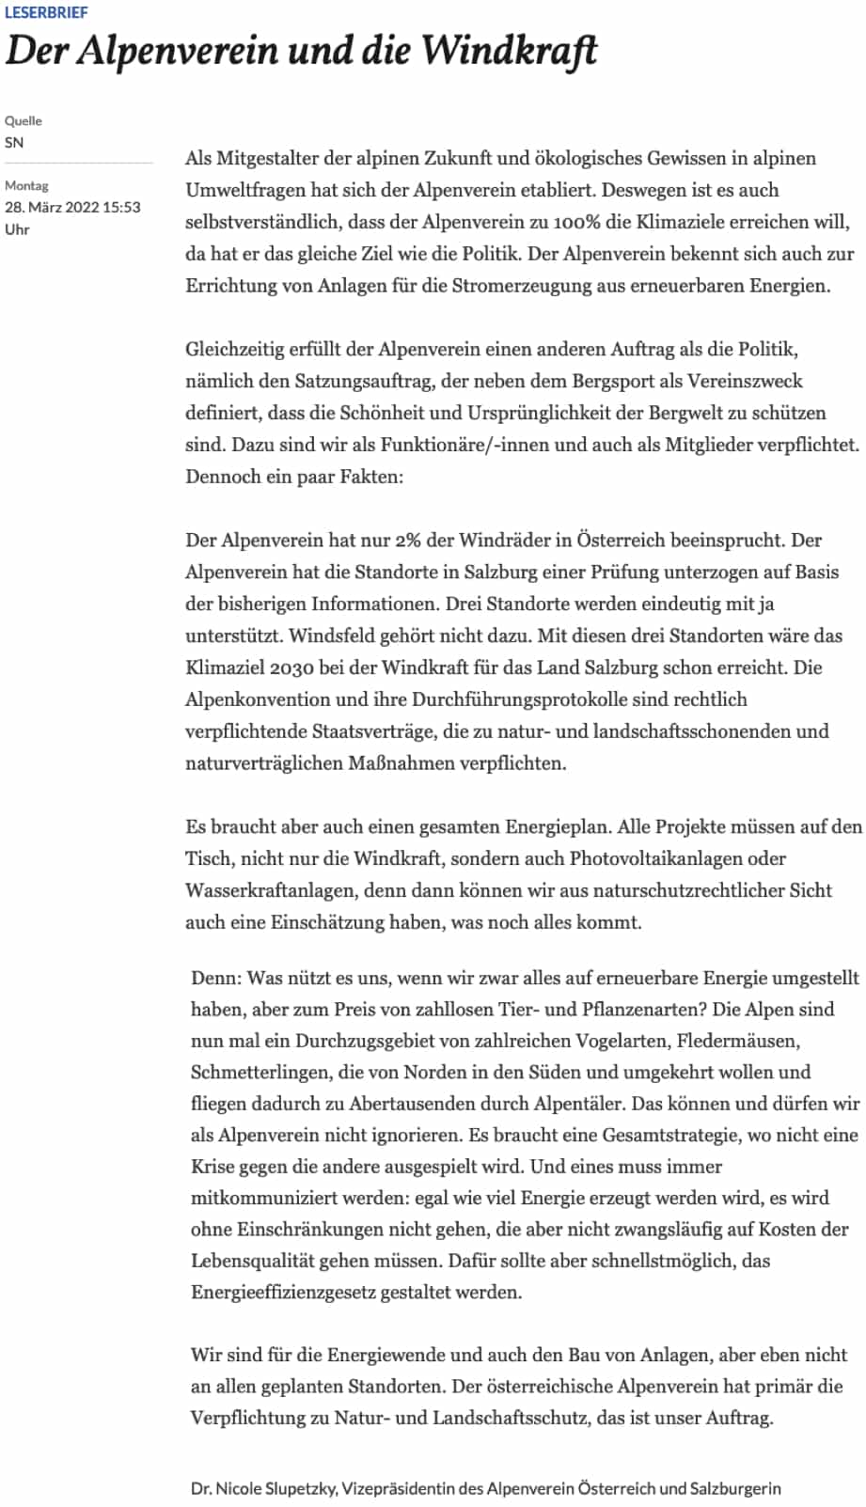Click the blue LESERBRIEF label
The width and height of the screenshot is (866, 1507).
[x=46, y=12]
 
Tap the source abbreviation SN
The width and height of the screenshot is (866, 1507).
[x=14, y=143]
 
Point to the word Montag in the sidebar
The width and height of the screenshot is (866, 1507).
[x=26, y=185]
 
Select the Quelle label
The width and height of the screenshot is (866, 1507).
[x=24, y=120]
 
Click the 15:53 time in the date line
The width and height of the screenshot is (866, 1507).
[x=122, y=207]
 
